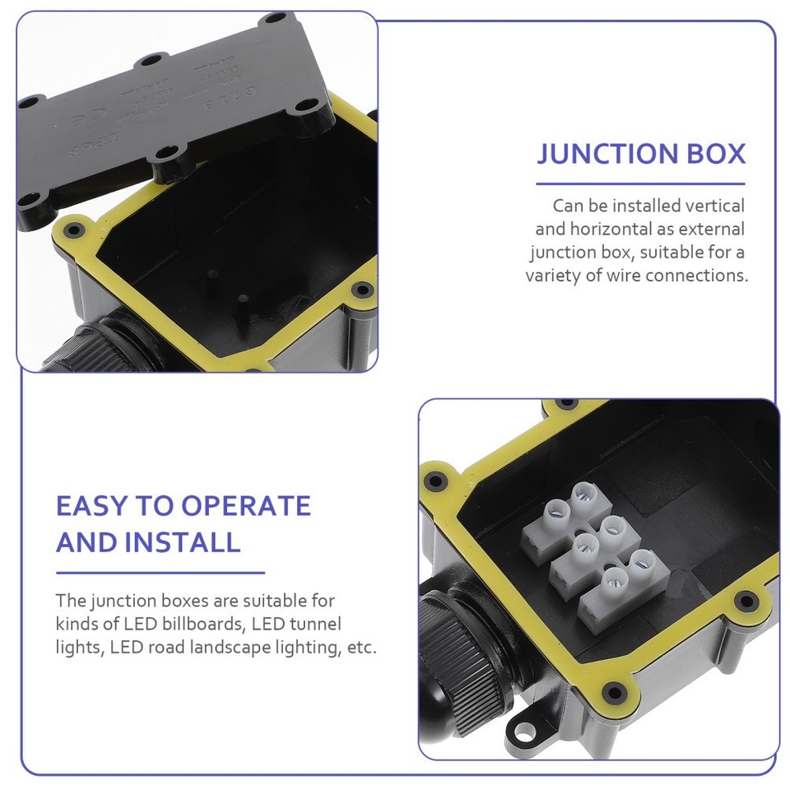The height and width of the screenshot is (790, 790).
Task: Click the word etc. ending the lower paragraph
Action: [x=362, y=648]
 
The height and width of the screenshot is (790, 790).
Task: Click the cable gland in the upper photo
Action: [x=82, y=350]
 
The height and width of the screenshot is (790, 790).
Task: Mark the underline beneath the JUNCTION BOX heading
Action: [x=640, y=184]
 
